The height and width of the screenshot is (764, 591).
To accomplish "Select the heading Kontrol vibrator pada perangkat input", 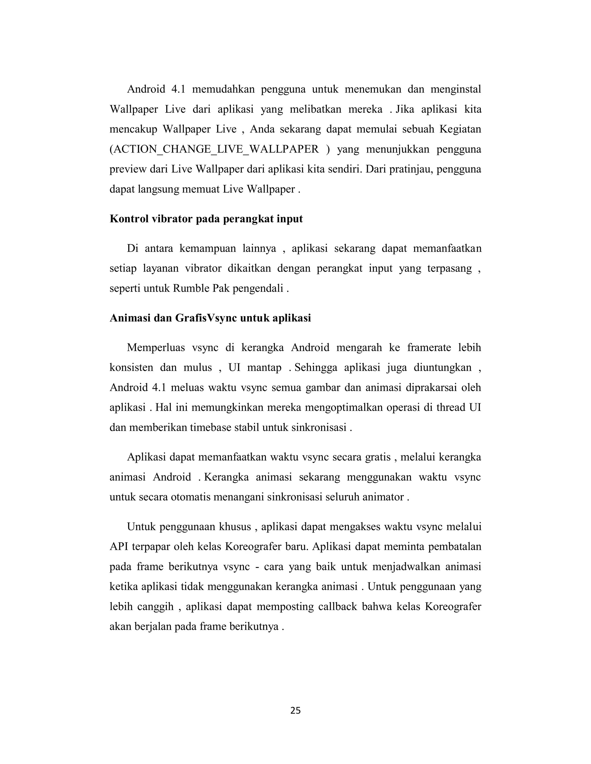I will tap(206, 219).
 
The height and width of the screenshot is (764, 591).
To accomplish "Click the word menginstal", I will tap(455, 89).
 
